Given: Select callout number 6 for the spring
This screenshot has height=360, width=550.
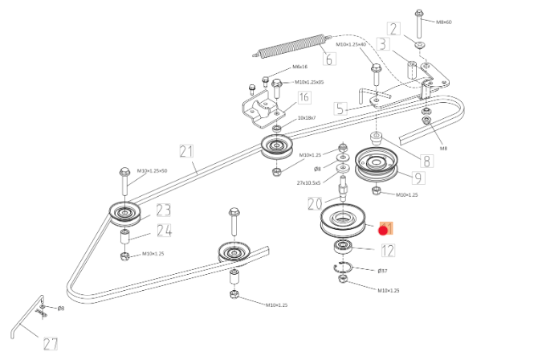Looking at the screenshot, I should click(329, 59).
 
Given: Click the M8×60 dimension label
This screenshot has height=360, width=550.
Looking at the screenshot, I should click(443, 22).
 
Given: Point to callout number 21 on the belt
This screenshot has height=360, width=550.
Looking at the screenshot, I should click(187, 150).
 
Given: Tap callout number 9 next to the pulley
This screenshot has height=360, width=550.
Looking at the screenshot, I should click(418, 178).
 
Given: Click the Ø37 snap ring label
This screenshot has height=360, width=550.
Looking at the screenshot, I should click(383, 271).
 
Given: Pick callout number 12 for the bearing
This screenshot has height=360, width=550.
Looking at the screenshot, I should click(388, 250).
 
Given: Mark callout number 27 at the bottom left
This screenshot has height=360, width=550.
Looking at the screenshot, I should click(51, 344).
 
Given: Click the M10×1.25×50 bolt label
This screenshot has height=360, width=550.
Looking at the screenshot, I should click(153, 170).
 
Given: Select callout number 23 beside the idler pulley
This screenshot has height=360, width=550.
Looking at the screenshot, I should click(163, 211).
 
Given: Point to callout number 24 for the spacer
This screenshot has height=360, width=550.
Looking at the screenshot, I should click(164, 231).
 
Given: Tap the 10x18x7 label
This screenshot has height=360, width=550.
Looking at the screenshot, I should click(307, 118).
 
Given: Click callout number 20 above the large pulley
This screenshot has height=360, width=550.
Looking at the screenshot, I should click(314, 204).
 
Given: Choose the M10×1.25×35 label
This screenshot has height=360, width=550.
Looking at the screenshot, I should click(309, 82).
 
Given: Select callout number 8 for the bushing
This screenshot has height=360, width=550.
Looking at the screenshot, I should click(424, 161).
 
